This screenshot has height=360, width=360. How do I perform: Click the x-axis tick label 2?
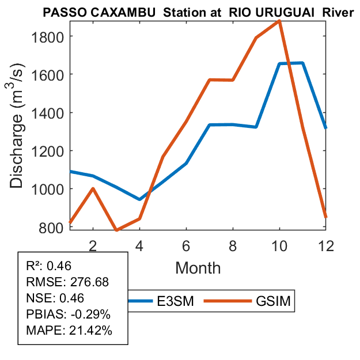pyautogui.click(x=92, y=245)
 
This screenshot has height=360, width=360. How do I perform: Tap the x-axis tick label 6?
pyautogui.click(x=186, y=245)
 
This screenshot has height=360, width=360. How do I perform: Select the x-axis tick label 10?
pyautogui.click(x=279, y=245)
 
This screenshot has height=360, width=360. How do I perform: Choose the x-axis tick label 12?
pyautogui.click(x=326, y=245)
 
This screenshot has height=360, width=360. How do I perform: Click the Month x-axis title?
pyautogui.click(x=198, y=268)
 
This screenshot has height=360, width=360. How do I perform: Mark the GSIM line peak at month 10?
pyautogui.click(x=279, y=21)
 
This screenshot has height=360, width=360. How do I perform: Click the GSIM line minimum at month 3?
pyautogui.click(x=116, y=230)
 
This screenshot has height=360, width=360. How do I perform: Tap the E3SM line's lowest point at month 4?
pyautogui.click(x=139, y=199)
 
